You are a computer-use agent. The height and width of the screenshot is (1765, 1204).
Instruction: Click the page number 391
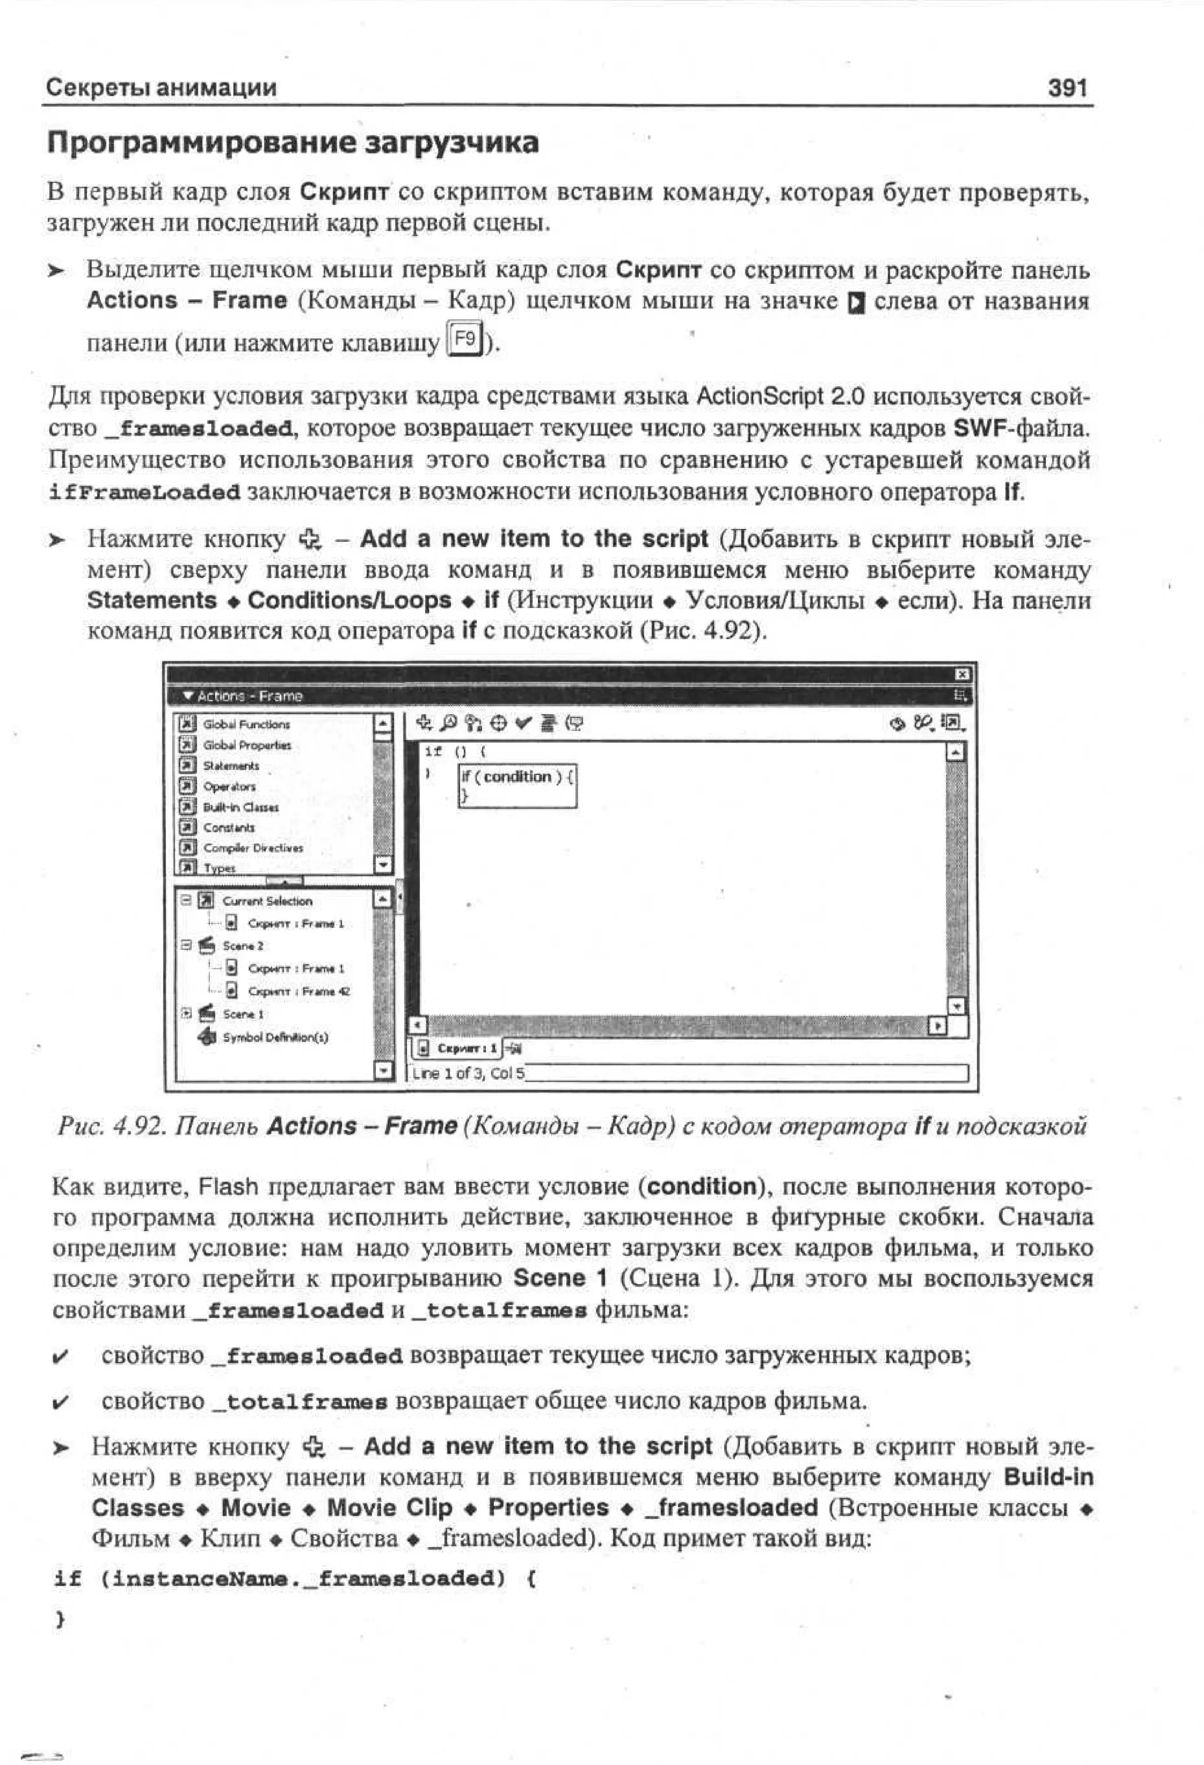pos(1066,88)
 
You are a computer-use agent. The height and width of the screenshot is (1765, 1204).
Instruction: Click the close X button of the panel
pos(962,674)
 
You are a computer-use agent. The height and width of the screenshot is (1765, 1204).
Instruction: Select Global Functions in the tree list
pos(245,725)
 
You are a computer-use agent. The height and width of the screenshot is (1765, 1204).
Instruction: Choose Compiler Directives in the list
pos(252,848)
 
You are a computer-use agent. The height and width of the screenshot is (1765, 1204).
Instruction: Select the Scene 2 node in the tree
pos(242,946)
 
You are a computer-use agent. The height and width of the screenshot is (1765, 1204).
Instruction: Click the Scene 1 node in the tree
pos(242,1014)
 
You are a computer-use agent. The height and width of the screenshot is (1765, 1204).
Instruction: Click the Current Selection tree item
pos(267,902)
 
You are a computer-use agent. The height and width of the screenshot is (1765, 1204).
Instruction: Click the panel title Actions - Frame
pos(249,696)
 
